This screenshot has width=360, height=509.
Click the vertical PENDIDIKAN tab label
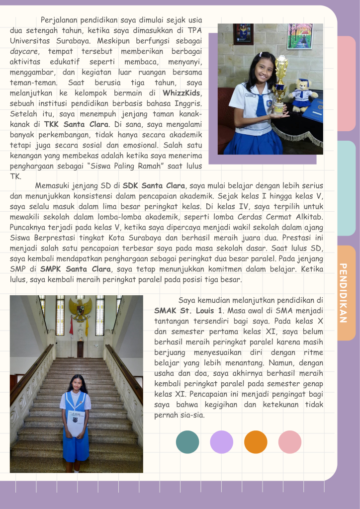click(x=343, y=293)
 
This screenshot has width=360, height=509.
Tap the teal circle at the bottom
click(x=187, y=442)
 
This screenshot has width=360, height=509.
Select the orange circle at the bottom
click(x=256, y=442)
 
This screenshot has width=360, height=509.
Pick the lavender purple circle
click(x=221, y=442)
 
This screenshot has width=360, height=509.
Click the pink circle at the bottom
click(x=290, y=442)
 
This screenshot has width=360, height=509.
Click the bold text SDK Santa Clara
click(x=154, y=186)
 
